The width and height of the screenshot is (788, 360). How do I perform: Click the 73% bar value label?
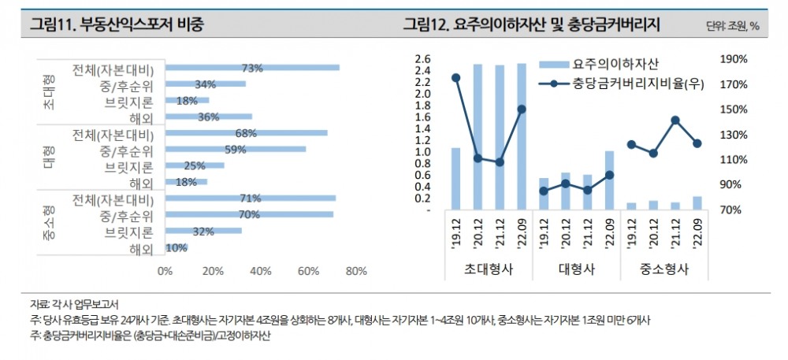coord(252,68)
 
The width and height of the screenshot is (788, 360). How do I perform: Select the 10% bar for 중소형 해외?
coord(176,247)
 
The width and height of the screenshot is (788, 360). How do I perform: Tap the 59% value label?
coord(236,149)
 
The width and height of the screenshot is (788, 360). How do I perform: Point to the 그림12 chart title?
coord(530,24)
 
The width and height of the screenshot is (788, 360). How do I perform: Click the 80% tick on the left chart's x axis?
coord(356,271)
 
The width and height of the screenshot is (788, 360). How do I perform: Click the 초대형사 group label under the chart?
coord(488,269)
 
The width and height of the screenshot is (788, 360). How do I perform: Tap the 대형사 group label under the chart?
coord(576,269)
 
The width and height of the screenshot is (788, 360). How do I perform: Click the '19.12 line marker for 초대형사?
coord(455,77)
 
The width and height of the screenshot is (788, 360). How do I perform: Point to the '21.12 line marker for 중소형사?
coord(675,120)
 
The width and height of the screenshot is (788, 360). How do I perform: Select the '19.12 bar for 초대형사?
coord(455,178)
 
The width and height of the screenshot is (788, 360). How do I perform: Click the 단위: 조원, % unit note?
coord(733,25)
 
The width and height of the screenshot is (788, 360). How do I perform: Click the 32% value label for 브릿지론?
coord(203,231)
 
